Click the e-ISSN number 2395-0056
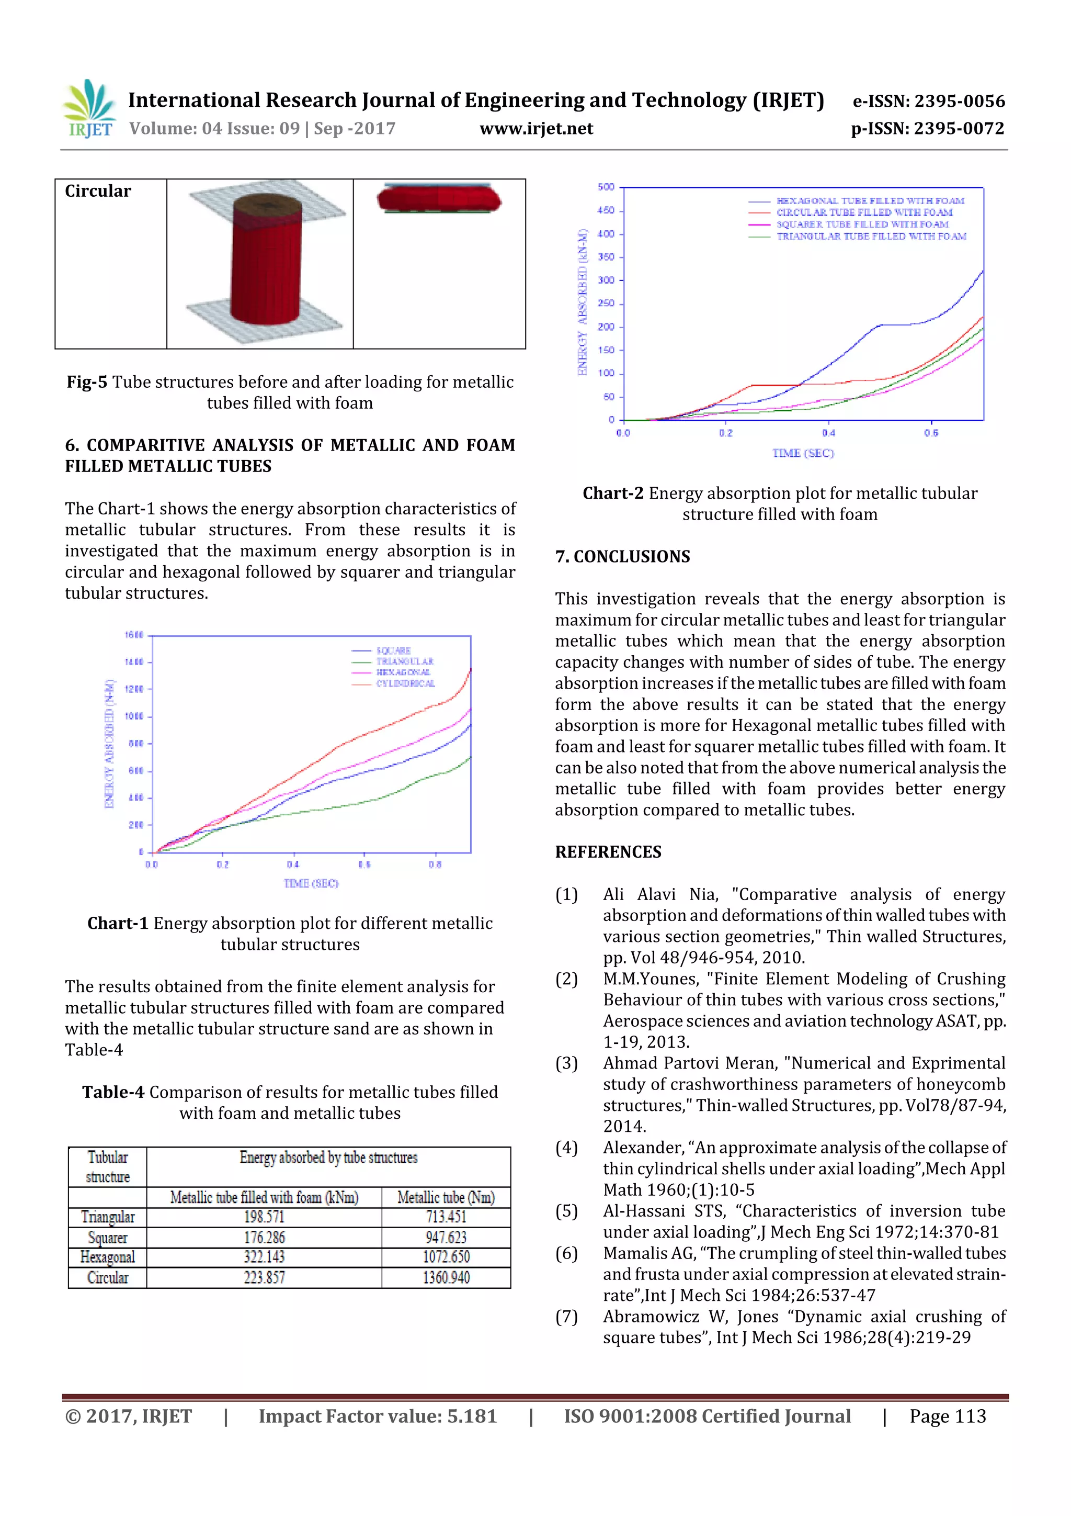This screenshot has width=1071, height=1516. click(x=959, y=101)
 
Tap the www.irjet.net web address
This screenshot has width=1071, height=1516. click(x=536, y=129)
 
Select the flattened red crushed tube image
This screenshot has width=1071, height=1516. click(x=439, y=199)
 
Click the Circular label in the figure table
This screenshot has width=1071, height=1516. click(x=98, y=192)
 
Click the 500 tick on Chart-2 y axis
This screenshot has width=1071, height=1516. click(x=606, y=187)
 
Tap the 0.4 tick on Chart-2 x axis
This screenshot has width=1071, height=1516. click(x=828, y=433)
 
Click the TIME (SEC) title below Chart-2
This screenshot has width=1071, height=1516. click(x=803, y=453)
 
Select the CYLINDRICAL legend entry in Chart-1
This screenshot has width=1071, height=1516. click(x=405, y=683)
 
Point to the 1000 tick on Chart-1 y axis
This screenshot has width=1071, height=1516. click(x=134, y=716)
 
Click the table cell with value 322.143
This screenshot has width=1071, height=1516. click(x=264, y=1257)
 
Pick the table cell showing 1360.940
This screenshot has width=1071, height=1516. click(x=446, y=1278)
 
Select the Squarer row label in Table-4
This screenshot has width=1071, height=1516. click(x=108, y=1238)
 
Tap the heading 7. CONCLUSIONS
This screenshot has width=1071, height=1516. click(x=622, y=557)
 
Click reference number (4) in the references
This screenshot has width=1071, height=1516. click(x=566, y=1148)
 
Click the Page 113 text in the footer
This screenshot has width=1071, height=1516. click(x=947, y=1416)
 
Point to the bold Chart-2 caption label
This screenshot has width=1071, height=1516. click(x=612, y=493)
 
